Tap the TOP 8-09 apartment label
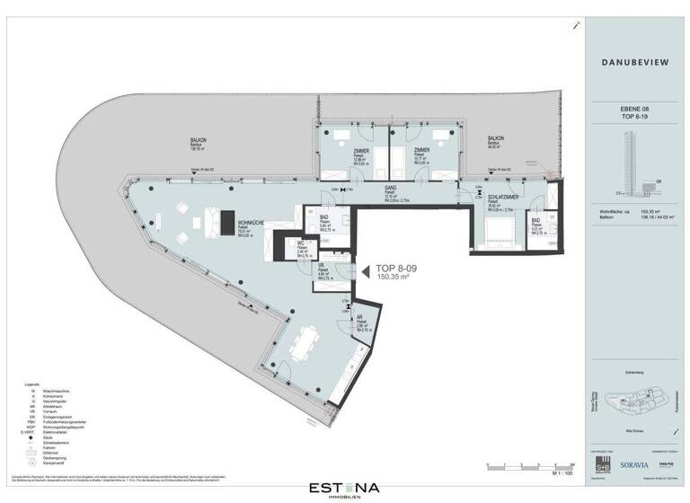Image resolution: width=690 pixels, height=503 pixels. (x=394, y=269)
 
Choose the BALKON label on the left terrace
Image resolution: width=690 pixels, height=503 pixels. (x=198, y=140)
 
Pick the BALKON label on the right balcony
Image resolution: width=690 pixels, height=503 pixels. (x=496, y=138)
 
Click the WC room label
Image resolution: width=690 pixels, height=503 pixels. (x=301, y=243)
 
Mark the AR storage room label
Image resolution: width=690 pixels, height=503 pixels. (x=359, y=317)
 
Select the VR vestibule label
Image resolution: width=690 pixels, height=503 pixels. (x=321, y=267)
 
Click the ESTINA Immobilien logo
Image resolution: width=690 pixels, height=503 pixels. (x=345, y=489)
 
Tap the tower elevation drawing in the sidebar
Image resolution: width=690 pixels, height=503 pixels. (x=626, y=162)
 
